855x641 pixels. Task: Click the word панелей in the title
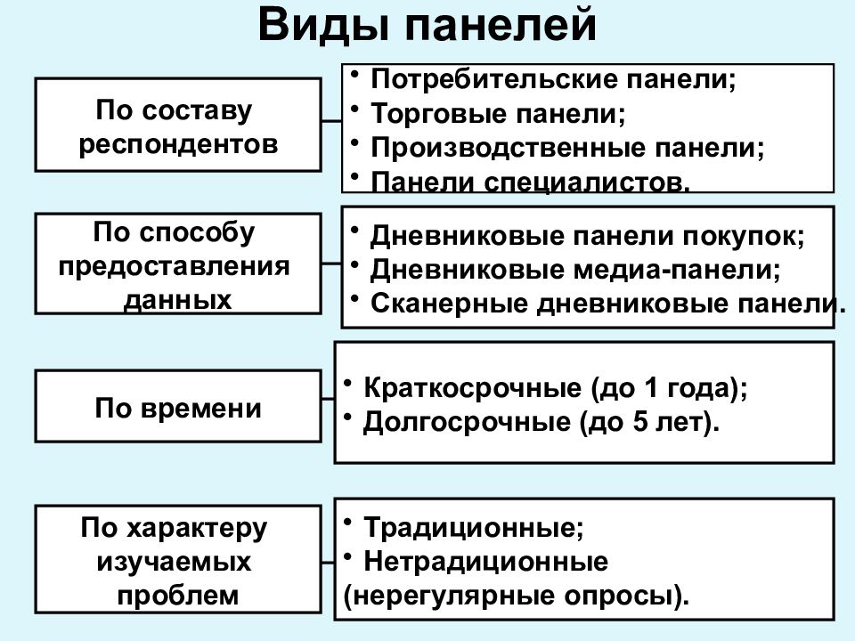click(x=501, y=26)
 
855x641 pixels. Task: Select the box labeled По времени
click(x=178, y=406)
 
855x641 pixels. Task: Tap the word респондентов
click(x=178, y=144)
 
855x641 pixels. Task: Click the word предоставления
click(x=174, y=266)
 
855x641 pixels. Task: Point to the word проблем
click(x=178, y=596)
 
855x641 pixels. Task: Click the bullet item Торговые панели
click(x=498, y=113)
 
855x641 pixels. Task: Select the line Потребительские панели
click(x=553, y=79)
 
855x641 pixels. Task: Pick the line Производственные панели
click(x=567, y=148)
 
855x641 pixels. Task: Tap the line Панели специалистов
click(x=531, y=182)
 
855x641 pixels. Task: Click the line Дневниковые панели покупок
click(x=587, y=236)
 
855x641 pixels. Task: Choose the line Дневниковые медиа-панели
click(x=575, y=270)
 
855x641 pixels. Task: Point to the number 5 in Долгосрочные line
click(x=639, y=421)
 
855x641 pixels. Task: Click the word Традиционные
click(x=473, y=527)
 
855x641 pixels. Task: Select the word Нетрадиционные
click(x=485, y=561)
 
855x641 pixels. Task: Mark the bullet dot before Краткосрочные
click(x=347, y=383)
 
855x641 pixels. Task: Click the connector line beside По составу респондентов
click(x=331, y=121)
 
